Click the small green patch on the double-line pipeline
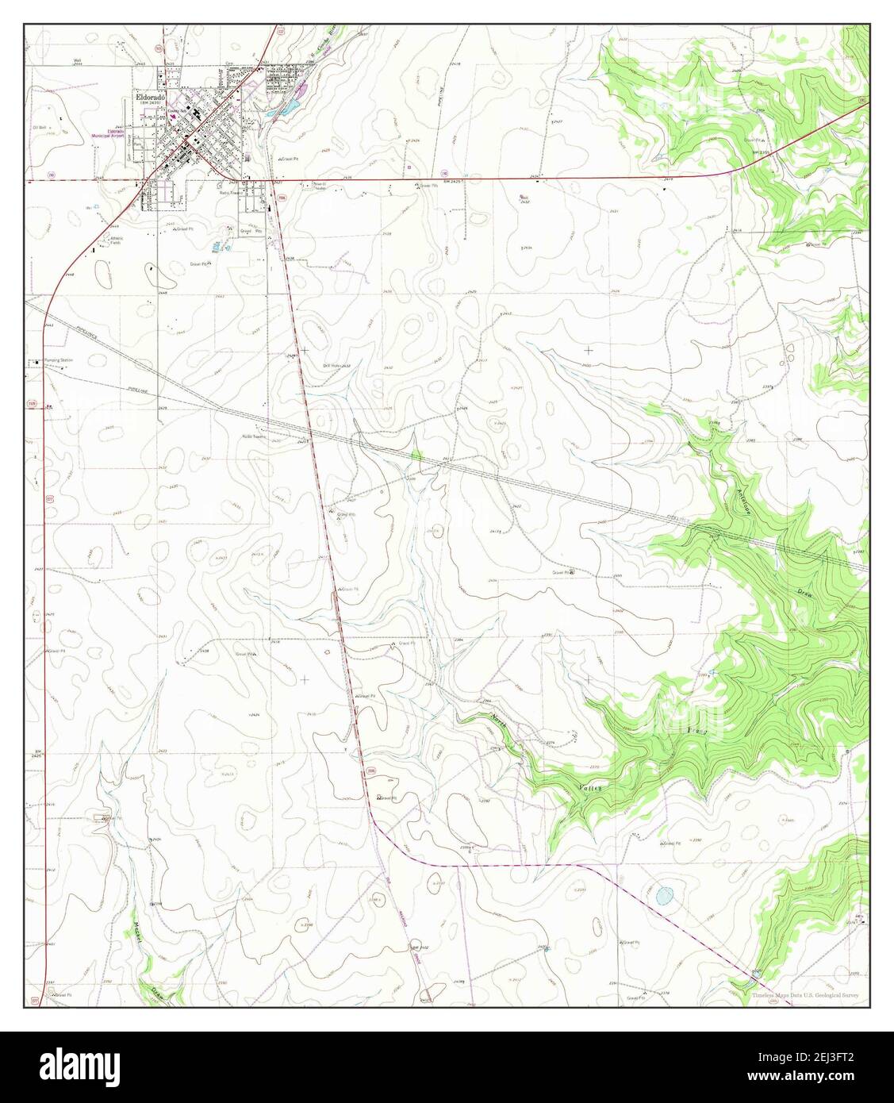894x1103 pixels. tap(416, 455)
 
